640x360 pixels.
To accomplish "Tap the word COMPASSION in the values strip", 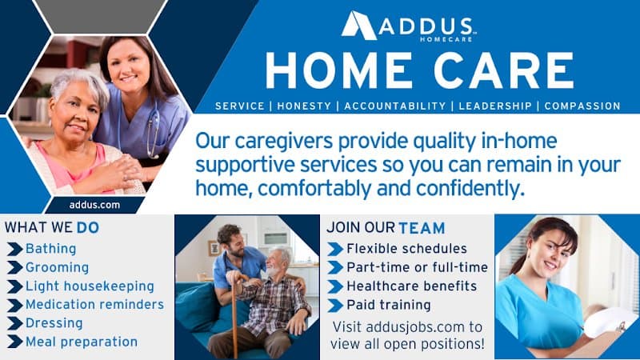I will pos(583,106).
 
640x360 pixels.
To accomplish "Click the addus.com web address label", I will pos(94,205).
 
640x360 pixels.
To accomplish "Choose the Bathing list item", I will pos(50,249).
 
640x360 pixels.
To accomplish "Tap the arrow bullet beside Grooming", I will pos(14,268).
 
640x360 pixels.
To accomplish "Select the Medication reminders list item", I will pos(94,305).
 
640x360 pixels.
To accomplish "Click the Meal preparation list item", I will pos(82,342).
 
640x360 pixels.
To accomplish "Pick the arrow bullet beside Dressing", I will pos(14,323).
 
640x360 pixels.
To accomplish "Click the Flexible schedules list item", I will pos(406,249).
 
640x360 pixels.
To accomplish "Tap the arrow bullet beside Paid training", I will pos(335,305).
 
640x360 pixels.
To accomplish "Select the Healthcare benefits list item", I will pos(411,286).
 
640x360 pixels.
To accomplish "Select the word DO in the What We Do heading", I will pos(88,227).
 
